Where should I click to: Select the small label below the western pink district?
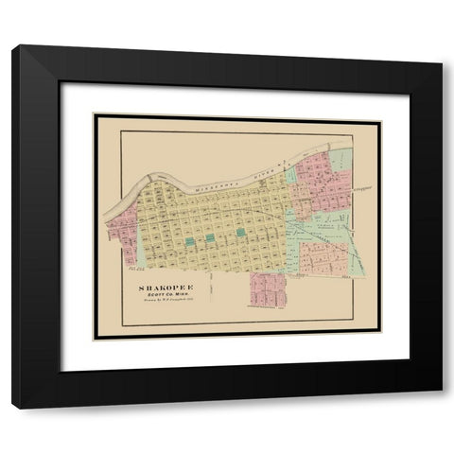133,267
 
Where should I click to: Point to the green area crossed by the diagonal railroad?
326,222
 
